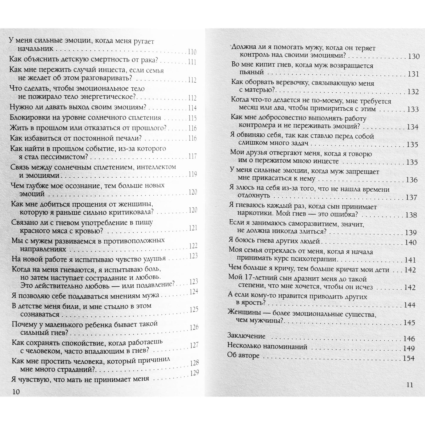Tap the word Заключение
tap(246, 336)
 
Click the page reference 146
tap(409, 339)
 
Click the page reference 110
tap(192, 52)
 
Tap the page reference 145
tap(409, 323)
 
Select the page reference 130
tap(414, 56)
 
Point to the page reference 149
tap(409, 349)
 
